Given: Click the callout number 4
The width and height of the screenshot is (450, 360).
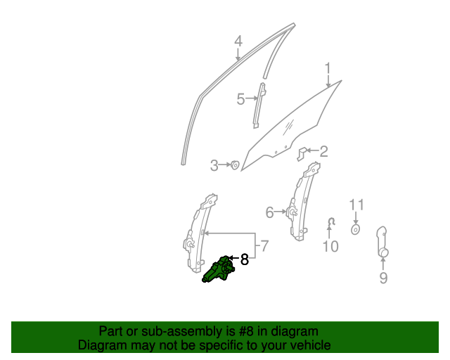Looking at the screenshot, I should (x=238, y=41).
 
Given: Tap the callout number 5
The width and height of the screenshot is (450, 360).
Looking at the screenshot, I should (x=240, y=99).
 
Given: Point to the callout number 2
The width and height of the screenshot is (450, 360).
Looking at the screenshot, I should (x=323, y=151).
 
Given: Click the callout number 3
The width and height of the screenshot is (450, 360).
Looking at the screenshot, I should (x=214, y=166).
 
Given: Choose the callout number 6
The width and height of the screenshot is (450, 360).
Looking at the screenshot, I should (x=269, y=212).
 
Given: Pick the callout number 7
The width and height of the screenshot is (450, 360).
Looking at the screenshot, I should (x=264, y=247).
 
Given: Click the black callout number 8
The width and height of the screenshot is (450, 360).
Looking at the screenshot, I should (x=244, y=260).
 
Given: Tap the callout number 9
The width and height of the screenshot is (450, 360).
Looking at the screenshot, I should (x=383, y=278).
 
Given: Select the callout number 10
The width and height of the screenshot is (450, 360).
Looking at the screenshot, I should (x=330, y=246).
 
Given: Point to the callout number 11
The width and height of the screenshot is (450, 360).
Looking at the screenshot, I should (x=356, y=205).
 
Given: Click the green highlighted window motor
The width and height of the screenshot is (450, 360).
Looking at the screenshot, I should (x=220, y=269).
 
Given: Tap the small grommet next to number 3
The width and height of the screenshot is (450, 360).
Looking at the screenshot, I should (x=236, y=165).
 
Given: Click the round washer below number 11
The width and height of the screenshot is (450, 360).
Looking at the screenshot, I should (x=356, y=229).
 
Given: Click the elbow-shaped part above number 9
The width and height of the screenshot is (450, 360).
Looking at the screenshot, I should (x=382, y=240).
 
